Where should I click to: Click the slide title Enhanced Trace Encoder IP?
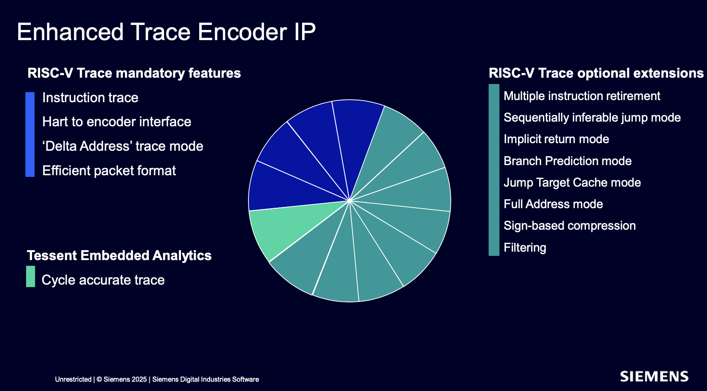tap(166, 32)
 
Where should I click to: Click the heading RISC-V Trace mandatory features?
tap(134, 73)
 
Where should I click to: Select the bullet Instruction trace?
tap(90, 98)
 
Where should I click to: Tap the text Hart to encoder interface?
tap(117, 122)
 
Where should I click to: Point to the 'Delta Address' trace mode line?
tap(123, 146)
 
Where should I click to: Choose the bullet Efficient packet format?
tap(109, 171)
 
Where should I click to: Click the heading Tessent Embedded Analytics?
tap(119, 255)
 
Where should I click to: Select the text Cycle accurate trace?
tap(103, 280)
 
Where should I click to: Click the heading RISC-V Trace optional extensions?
tap(596, 73)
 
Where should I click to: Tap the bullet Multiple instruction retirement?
tap(582, 96)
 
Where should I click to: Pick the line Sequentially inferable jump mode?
tap(592, 118)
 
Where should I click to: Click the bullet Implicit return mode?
tap(556, 139)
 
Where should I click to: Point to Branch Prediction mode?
tap(567, 161)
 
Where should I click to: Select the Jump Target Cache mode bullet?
tap(572, 182)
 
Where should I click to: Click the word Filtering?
tap(525, 247)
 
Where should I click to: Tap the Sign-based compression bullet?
tap(570, 226)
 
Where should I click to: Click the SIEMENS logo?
tap(654, 377)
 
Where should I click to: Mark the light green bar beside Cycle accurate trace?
tap(31, 276)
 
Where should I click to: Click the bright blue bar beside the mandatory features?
tap(30, 135)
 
